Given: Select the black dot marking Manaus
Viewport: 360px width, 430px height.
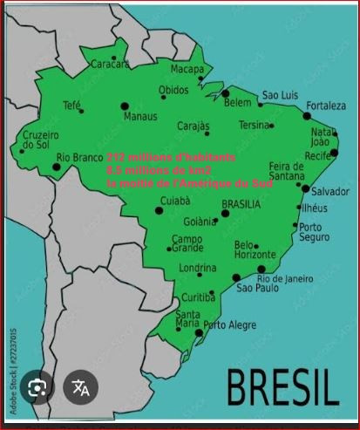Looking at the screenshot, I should coord(125,106).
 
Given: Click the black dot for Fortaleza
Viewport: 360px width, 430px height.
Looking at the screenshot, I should coord(307,115).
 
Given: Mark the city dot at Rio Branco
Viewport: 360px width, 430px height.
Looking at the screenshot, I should coord(57,165).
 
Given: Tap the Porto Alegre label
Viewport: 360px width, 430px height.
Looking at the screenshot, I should coord(230,324).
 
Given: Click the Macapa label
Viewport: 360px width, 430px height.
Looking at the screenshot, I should coord(187,69).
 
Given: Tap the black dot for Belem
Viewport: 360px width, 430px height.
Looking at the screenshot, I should coord(225,92).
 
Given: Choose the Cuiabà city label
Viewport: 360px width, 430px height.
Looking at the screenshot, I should coord(175,201).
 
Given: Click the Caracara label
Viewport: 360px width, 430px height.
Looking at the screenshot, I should coord(110,64).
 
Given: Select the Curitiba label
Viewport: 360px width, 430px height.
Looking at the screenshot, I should coord(198,297).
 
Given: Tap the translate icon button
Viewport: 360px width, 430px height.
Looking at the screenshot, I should coord(80,388).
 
